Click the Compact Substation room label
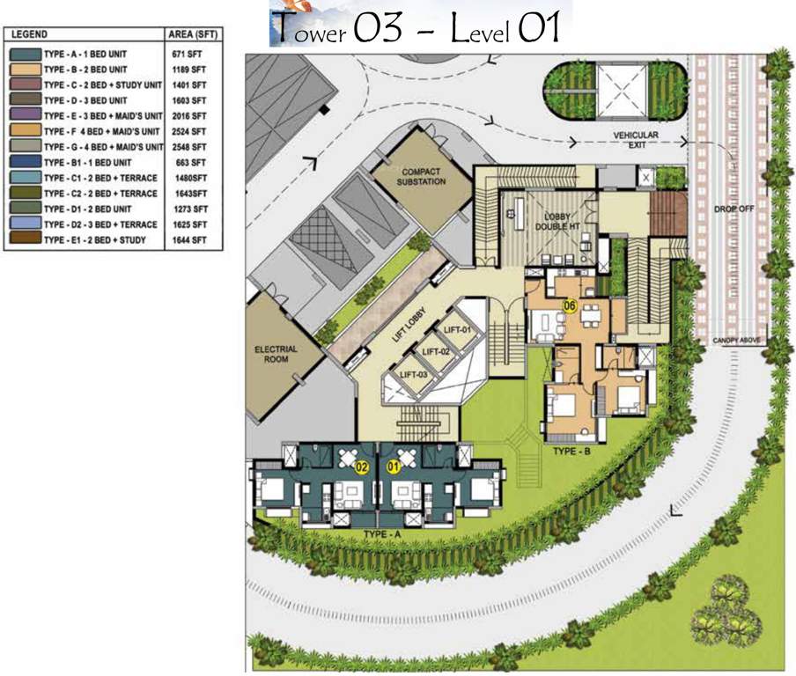coord(421,177)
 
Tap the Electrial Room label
coord(276,355)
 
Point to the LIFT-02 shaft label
coord(436,351)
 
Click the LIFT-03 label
coord(414,374)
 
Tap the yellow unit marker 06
coord(570,306)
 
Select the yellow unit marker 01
coord(394,468)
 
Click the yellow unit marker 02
coord(360,468)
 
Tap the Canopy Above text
coord(739,341)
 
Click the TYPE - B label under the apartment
coord(571,451)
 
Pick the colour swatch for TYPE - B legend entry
coord(26,69)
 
